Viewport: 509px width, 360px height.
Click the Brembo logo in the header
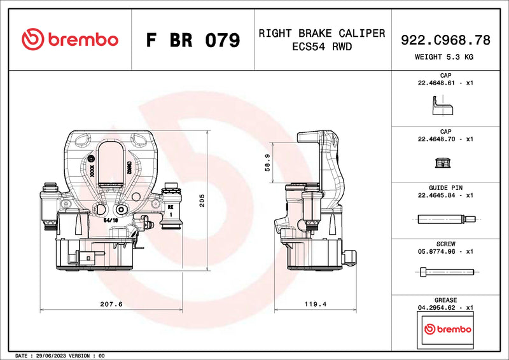(x=70, y=39)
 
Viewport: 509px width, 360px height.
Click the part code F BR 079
(x=193, y=40)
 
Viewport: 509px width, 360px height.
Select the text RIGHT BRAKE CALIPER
(x=321, y=33)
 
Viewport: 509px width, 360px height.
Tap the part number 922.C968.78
(x=445, y=40)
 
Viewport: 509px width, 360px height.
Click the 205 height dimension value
(x=202, y=202)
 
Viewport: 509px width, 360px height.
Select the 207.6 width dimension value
(x=112, y=304)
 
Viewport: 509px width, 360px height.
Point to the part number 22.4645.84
(x=436, y=195)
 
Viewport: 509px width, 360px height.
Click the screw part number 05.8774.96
(x=436, y=251)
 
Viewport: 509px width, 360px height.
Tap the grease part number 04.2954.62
(x=436, y=307)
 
